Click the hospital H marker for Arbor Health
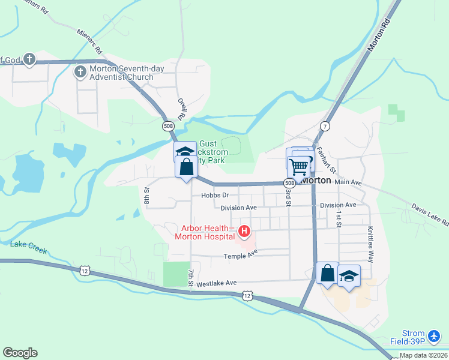point(244,231)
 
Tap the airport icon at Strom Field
point(436,334)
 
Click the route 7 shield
point(325,126)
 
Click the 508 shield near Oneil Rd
point(169,126)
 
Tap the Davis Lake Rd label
point(430,214)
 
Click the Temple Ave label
point(241,256)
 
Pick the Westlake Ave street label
point(217,283)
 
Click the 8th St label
point(146,195)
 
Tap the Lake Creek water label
point(28,244)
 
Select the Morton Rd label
point(381,35)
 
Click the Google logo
point(20,353)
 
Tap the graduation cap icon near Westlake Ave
point(349,276)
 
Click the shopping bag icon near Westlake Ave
point(327,273)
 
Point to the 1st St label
point(339,219)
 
